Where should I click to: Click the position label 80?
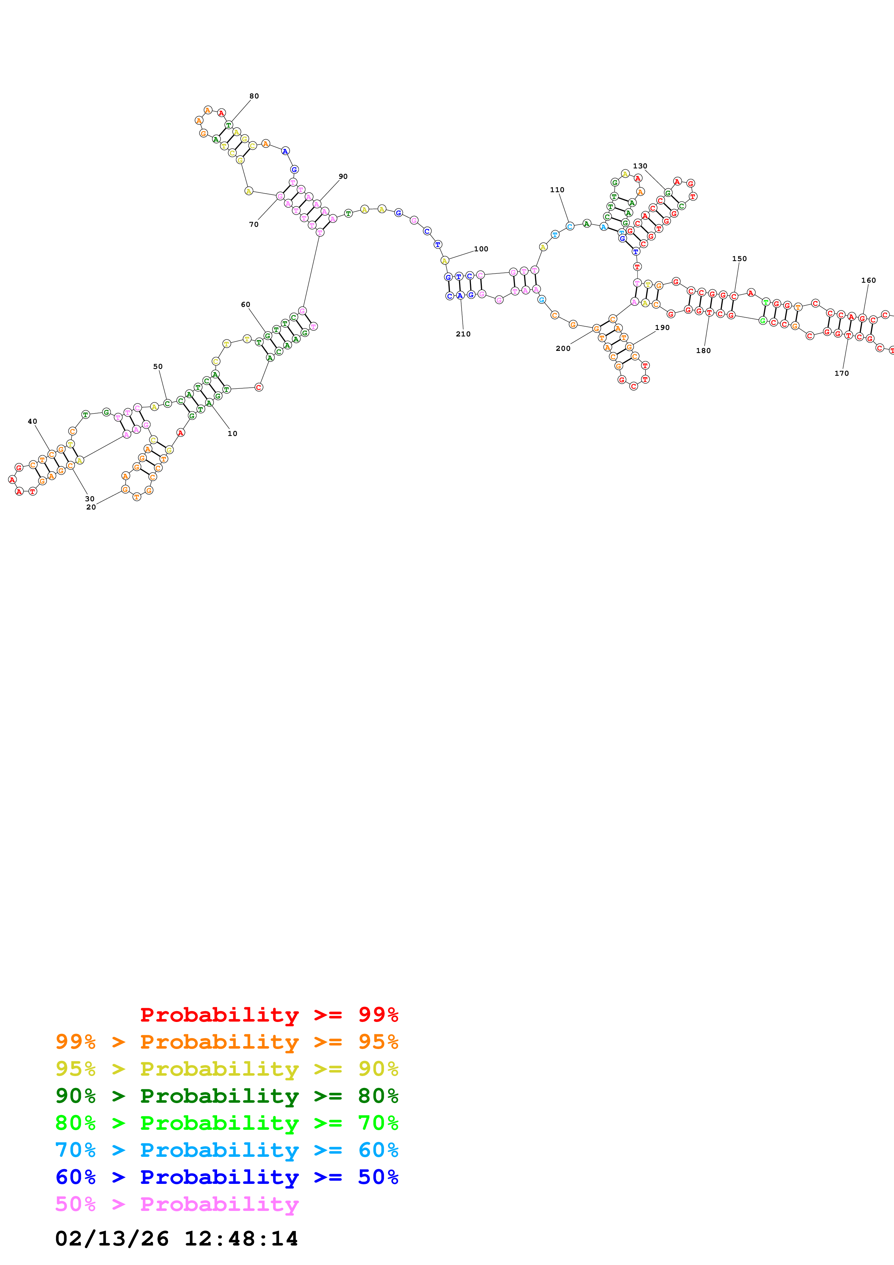[254, 96]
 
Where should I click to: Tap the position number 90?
[343, 176]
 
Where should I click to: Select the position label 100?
[481, 249]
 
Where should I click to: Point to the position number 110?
[557, 190]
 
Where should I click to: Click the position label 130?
[640, 166]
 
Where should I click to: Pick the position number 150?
[739, 259]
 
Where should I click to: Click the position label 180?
[704, 351]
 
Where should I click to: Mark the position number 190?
[662, 327]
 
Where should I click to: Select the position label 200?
[563, 348]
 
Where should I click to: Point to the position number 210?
[463, 334]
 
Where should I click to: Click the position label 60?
[246, 304]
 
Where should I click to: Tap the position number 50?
[158, 366]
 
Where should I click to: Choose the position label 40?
[32, 422]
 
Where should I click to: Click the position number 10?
[233, 433]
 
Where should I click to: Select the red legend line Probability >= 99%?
[269, 1014]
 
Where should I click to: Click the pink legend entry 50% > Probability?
[177, 1204]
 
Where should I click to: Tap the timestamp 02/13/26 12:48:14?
[176, 1239]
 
